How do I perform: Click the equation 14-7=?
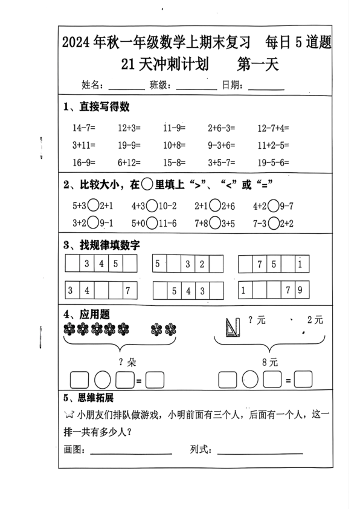(x=84, y=128)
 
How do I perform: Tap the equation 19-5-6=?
(x=273, y=162)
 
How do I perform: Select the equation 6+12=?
(x=129, y=162)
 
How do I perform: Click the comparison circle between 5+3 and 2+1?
(x=93, y=206)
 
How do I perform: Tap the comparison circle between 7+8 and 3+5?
(x=215, y=222)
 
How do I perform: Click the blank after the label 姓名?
(x=126, y=86)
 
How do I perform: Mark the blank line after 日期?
(x=266, y=86)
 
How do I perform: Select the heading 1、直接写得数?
(x=97, y=107)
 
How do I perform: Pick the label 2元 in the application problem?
(x=315, y=320)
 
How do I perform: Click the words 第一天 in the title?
(x=259, y=64)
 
